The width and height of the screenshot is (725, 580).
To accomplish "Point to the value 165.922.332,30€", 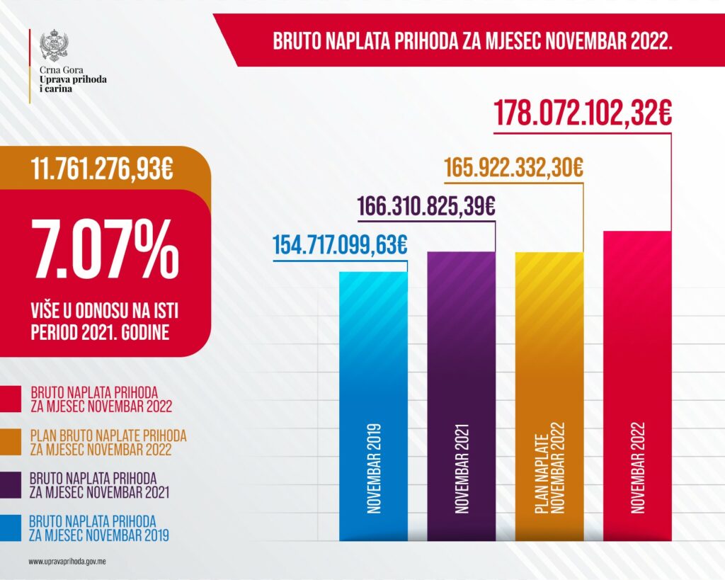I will coord(513,169).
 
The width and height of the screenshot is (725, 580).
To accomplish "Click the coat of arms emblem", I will coord(54,45).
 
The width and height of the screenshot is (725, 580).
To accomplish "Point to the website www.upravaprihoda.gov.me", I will coord(67,562).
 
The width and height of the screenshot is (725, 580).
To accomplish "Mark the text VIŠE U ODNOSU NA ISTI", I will coord(99,309).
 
